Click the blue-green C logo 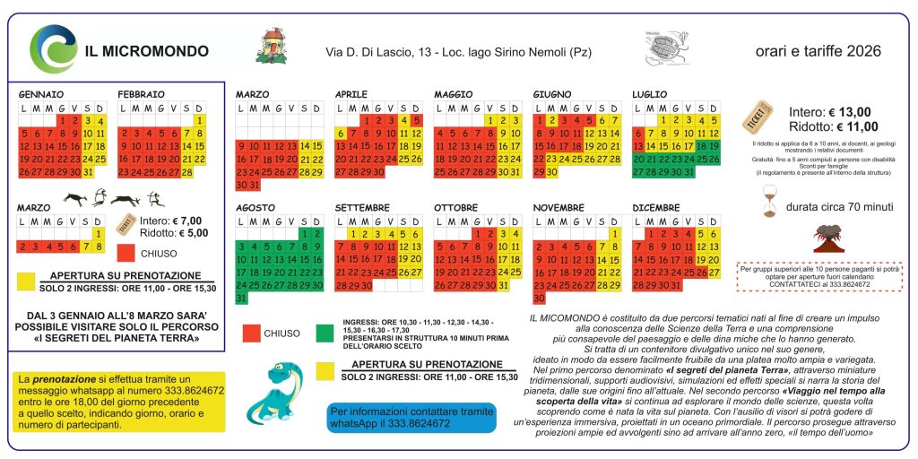coord(53,48)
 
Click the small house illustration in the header coord(273,47)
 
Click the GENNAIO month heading coord(41,93)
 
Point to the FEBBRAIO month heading coord(142,93)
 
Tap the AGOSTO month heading coord(255,207)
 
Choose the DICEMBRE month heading coord(657,207)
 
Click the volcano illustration coord(826,238)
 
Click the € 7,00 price coord(183,220)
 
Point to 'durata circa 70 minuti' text coord(839,207)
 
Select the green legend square coord(326,333)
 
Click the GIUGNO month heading coord(552,93)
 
